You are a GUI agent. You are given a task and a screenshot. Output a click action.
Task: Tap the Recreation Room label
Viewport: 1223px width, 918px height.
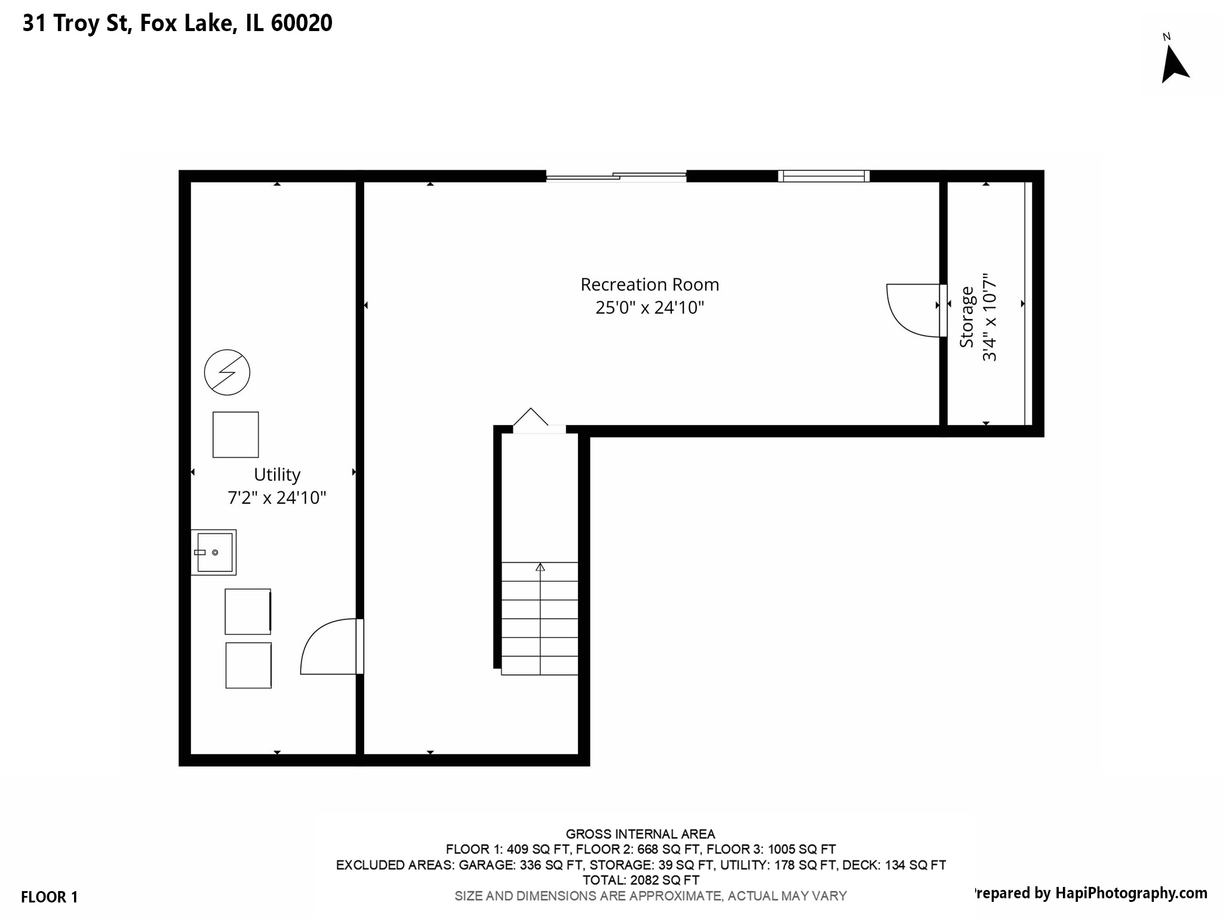click(x=650, y=284)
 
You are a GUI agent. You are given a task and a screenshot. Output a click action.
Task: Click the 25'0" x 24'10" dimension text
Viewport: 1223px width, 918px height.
click(x=650, y=308)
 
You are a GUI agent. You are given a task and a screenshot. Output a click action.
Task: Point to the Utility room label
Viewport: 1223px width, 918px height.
click(x=277, y=475)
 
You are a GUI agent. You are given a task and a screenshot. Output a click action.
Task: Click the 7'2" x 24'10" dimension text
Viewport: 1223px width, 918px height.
click(x=277, y=498)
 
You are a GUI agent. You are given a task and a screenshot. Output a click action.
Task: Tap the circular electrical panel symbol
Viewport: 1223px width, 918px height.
click(x=227, y=372)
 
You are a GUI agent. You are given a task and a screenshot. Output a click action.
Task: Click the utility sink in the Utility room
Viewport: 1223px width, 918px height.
click(x=214, y=552)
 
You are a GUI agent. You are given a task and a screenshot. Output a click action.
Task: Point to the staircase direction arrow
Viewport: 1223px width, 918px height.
click(x=540, y=567)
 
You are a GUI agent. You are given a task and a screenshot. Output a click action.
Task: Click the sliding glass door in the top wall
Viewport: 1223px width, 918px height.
click(x=616, y=176)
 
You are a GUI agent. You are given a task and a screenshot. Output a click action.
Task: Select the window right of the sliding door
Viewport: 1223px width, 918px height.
click(x=823, y=176)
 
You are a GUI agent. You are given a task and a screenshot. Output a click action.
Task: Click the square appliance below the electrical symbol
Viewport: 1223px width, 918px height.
click(x=236, y=434)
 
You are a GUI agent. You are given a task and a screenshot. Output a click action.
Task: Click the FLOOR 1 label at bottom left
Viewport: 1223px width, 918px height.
click(x=50, y=897)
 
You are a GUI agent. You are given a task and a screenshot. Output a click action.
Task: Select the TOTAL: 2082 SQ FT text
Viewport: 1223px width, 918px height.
click(x=641, y=880)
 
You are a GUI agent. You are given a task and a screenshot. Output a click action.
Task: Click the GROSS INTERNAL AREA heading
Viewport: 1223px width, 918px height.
click(x=641, y=834)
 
